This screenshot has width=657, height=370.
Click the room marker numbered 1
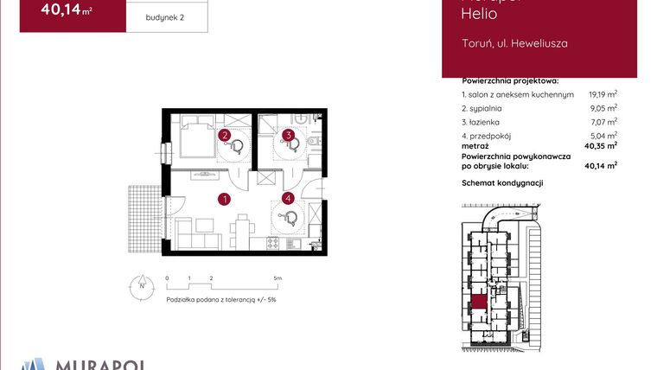[x=223, y=200]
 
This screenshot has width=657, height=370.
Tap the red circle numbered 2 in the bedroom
[x=224, y=136]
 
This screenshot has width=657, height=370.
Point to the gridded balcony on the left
[x=145, y=219]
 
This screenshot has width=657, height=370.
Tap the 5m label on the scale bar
[x=277, y=278]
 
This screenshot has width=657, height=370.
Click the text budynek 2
[x=165, y=16]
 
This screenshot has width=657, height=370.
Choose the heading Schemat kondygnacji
[x=501, y=183]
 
